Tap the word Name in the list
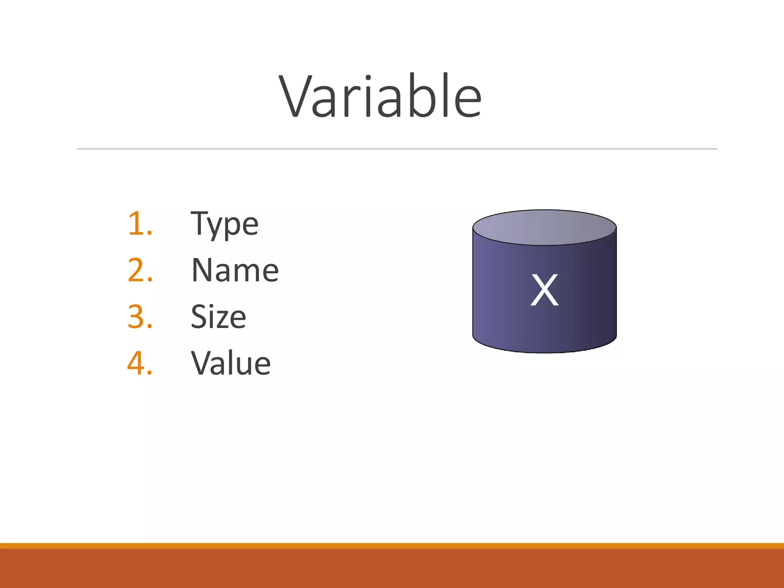[235, 271]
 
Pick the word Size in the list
[218, 317]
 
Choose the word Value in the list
[231, 363]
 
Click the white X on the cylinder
[544, 290]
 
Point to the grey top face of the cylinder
[544, 227]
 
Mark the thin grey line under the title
[397, 149]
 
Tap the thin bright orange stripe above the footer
[392, 546]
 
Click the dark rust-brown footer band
[392, 569]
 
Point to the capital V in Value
[203, 363]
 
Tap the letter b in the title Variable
[425, 96]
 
